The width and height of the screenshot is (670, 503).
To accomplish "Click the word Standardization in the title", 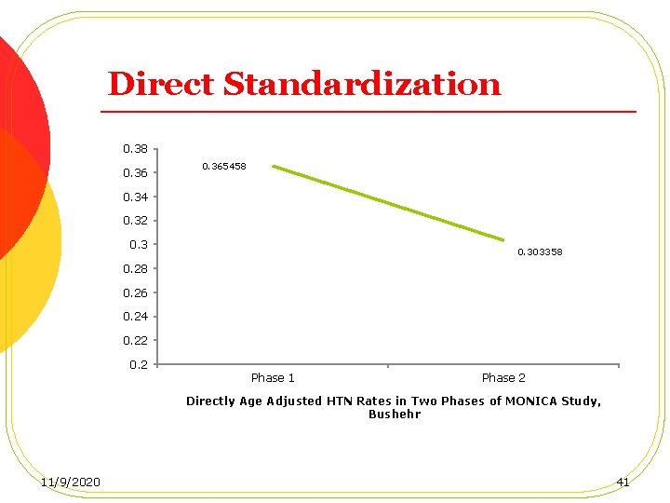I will point(362,85).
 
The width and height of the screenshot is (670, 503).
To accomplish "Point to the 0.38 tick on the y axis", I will point(136,148).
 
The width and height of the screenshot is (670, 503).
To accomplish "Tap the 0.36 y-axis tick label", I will point(136,172).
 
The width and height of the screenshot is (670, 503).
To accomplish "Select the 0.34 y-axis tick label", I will point(136,197).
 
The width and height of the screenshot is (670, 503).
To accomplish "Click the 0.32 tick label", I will point(136,221).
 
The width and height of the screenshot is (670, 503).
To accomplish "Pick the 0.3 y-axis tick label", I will point(139,244).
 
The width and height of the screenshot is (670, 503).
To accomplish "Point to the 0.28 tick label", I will point(136,268).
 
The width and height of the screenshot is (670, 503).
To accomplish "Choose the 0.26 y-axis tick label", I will point(136,292).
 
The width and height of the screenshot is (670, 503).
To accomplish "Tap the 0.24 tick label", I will point(136,316).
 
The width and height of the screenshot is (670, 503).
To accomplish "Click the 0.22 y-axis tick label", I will point(136,340).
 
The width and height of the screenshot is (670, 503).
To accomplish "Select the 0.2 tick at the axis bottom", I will point(139,364).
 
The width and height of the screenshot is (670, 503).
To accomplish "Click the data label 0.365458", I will point(224,166).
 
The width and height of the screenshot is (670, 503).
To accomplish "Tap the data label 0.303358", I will point(540,252).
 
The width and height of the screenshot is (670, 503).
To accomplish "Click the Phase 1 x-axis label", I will point(273,377).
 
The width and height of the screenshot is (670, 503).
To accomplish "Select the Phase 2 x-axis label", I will point(503,377).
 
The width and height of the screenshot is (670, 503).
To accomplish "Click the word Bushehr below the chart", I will point(395,414).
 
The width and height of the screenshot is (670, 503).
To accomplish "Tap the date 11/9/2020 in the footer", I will point(72,482).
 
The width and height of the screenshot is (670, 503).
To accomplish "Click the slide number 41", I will point(623,482).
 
